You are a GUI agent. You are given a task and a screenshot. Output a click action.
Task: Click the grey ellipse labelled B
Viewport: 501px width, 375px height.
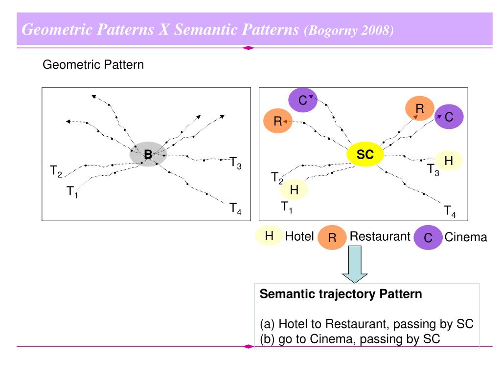point(148,154)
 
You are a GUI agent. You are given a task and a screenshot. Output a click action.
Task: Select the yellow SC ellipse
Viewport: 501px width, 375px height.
point(365,155)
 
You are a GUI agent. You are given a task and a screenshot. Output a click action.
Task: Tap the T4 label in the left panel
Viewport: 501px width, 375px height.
point(235,209)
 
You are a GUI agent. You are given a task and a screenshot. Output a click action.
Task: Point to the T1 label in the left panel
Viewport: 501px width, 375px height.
point(72,192)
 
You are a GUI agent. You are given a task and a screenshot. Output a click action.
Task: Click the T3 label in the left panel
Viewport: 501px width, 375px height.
point(236,163)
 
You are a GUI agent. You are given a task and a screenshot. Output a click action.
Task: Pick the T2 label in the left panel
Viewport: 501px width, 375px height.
point(56,171)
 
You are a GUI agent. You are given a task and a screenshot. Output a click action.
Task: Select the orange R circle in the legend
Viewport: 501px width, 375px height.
point(332,238)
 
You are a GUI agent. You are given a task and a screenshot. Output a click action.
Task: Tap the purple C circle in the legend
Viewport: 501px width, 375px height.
point(428,238)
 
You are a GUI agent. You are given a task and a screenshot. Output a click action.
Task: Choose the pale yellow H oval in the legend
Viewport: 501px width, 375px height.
point(269,236)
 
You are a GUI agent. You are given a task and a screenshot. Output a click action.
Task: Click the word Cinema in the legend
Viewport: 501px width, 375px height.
point(466,237)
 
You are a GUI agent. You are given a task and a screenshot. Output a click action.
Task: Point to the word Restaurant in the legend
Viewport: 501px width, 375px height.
point(380,236)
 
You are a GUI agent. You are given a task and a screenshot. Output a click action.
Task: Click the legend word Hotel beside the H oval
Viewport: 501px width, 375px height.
point(299,236)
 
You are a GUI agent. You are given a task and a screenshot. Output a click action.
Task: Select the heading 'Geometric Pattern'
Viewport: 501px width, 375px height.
point(93,64)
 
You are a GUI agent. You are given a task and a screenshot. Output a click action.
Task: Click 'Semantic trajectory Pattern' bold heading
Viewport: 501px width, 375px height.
point(341,294)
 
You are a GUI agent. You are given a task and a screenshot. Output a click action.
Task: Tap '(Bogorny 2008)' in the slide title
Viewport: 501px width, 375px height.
point(349,30)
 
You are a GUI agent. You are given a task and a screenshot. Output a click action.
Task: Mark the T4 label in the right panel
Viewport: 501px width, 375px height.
point(450,211)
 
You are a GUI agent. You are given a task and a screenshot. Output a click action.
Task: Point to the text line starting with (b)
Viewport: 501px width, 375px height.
point(350,339)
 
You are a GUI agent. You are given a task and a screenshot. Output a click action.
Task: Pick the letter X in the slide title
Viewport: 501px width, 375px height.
point(164,30)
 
